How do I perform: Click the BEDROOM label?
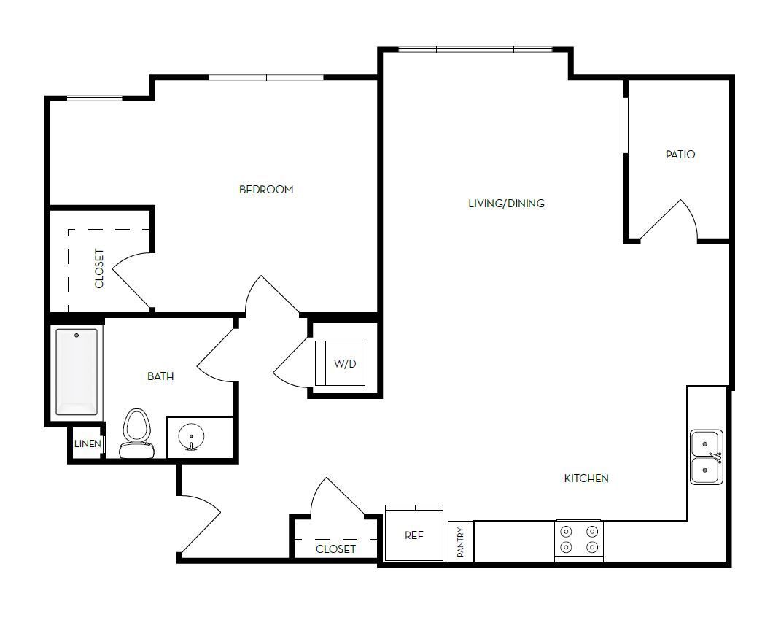click(x=266, y=190)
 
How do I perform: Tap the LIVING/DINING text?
click(x=506, y=204)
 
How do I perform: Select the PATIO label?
click(x=680, y=155)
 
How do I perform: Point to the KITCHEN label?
click(x=586, y=478)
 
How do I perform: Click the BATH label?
click(x=160, y=376)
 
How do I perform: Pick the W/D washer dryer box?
click(x=341, y=363)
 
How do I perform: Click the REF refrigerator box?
click(x=413, y=535)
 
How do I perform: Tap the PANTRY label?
click(x=460, y=542)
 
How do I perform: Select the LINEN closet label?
click(x=88, y=444)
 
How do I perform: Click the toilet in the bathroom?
click(x=136, y=434)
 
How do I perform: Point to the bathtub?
click(x=77, y=371)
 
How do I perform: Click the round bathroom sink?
click(x=191, y=437)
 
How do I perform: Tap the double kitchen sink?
click(x=706, y=457)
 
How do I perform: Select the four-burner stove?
click(x=579, y=540)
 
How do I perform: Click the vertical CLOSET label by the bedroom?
click(x=99, y=268)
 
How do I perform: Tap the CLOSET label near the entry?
click(x=335, y=549)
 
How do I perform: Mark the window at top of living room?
click(x=475, y=50)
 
